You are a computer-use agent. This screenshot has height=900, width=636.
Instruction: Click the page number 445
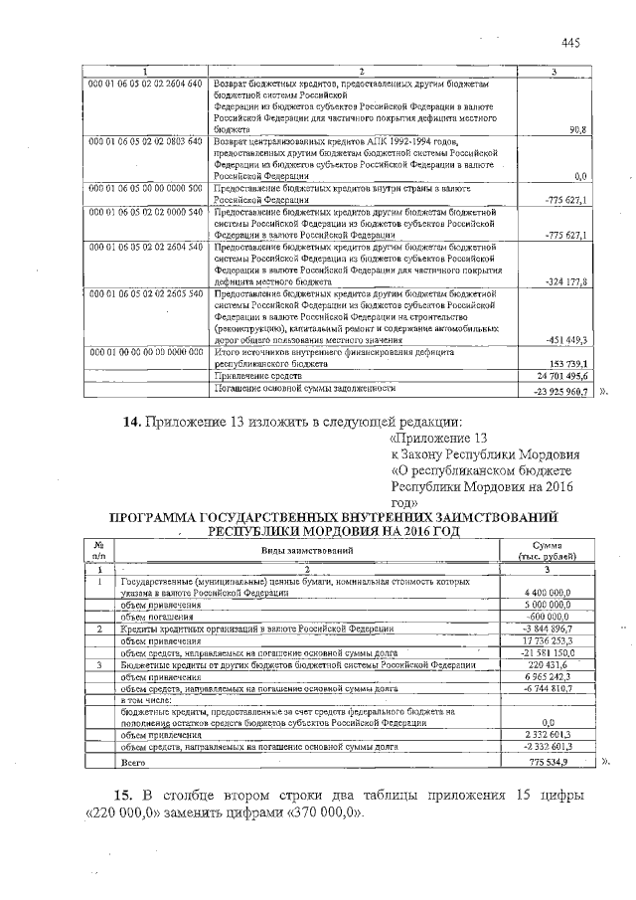pos(569,42)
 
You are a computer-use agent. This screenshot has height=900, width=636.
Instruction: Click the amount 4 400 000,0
pos(559,593)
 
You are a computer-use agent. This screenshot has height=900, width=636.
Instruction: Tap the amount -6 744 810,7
pos(561,688)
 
